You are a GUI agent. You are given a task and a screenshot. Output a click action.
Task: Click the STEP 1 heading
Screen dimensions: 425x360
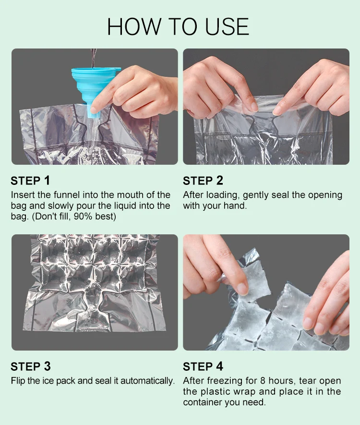pos(30,181)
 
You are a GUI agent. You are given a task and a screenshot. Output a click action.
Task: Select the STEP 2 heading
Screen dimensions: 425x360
pos(203,181)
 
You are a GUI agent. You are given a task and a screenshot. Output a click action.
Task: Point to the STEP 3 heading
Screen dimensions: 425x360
pos(30,366)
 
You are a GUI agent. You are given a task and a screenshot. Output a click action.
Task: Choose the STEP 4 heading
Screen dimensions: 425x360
pos(203,366)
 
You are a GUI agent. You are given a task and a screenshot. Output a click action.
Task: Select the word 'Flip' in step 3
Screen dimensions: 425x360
pos(18,381)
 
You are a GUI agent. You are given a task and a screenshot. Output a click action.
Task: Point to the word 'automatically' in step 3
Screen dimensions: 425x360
pos(147,381)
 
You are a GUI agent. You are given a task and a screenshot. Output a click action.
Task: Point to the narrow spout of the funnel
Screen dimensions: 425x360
pos(95,111)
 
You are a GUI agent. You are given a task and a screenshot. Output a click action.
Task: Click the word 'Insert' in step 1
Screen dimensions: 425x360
pos(23,195)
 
